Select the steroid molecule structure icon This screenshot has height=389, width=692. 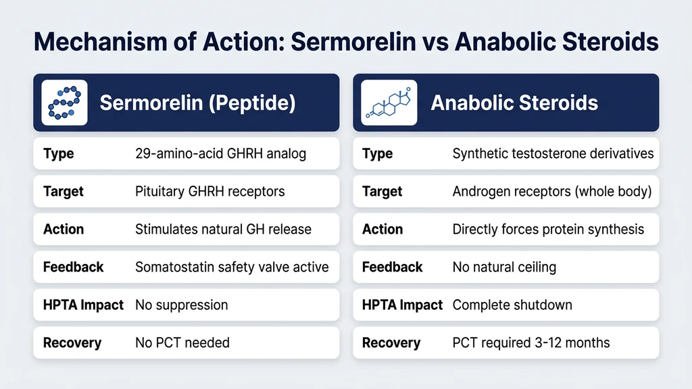click(389, 103)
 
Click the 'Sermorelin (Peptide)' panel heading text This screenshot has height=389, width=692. click(197, 103)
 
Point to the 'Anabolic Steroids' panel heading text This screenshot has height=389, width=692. click(514, 103)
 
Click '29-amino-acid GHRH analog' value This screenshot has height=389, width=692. click(220, 153)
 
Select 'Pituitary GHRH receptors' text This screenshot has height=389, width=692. click(209, 191)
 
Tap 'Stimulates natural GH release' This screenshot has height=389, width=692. click(223, 229)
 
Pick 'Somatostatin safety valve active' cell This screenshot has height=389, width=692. click(232, 267)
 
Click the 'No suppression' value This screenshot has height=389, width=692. click(181, 305)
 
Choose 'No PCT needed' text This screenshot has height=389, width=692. click(182, 342)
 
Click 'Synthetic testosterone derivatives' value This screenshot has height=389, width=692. click(553, 153)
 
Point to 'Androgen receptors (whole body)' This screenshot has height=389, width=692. click(551, 191)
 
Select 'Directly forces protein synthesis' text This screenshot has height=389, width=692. click(548, 229)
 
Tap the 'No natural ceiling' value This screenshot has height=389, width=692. click(504, 267)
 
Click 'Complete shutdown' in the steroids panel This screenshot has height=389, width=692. click(512, 305)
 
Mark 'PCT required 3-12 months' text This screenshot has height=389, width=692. click(530, 342)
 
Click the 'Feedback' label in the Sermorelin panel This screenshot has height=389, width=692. click(73, 267)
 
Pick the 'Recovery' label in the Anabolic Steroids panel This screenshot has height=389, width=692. click(391, 342)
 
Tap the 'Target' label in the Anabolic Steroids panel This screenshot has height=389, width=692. click(382, 191)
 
